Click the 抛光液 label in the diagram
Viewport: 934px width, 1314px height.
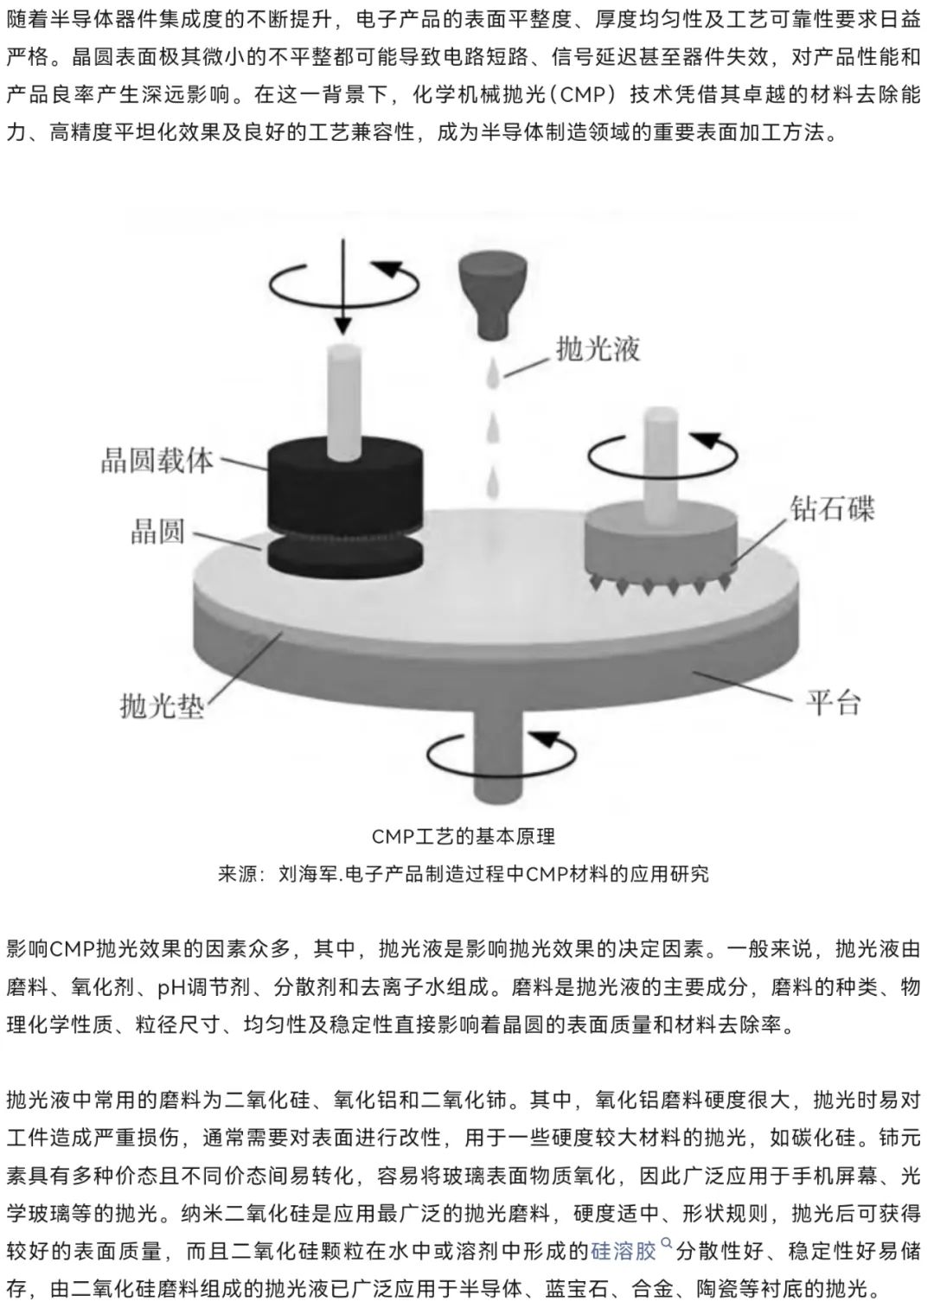pyautogui.click(x=598, y=349)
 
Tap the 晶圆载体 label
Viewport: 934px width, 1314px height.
pyautogui.click(x=157, y=460)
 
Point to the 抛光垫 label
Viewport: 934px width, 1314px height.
pyautogui.click(x=162, y=705)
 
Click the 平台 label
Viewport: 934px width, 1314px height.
pyautogui.click(x=833, y=702)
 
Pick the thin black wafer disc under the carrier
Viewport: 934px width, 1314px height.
pyautogui.click(x=345, y=553)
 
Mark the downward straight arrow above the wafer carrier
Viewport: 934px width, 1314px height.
pyautogui.click(x=343, y=285)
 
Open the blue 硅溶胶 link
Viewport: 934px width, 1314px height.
pyautogui.click(x=623, y=1251)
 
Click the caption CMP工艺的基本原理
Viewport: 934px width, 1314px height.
pyautogui.click(x=464, y=836)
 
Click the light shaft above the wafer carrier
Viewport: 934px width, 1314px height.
pyautogui.click(x=344, y=401)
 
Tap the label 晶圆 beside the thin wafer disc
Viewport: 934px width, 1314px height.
pyautogui.click(x=157, y=532)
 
